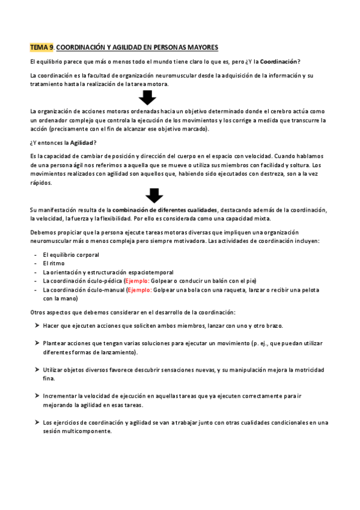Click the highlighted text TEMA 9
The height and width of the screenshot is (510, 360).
41,47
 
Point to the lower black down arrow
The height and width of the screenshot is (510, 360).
155,195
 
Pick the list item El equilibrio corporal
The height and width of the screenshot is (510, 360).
71,255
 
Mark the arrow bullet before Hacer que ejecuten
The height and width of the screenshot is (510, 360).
37,326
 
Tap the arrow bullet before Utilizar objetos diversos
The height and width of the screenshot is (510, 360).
37,369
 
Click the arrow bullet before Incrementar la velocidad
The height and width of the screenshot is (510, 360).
37,396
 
